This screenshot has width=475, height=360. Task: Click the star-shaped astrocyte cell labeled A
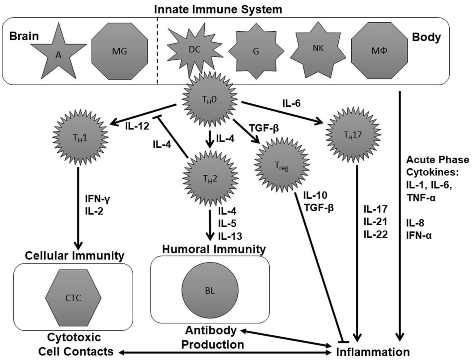coord(59,53)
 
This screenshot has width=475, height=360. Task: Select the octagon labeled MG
coord(119,51)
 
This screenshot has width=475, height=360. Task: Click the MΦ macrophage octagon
coord(379,51)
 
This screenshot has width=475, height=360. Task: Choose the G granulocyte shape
coord(256,51)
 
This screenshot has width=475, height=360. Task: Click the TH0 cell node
coord(209,99)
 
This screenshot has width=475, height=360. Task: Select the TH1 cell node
coord(80,137)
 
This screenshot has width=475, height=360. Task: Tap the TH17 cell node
coord(353,135)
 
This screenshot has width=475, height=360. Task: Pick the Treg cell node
coord(282,165)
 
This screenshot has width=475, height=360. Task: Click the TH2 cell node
coord(210,179)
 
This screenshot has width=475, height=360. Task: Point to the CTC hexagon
coord(73,298)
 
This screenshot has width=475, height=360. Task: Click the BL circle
coord(210,291)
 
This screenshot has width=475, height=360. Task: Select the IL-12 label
coord(137,126)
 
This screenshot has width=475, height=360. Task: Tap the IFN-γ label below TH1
coord(97,199)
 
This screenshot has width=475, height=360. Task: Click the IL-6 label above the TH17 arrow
coord(291,103)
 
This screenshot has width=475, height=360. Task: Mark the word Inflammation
coord(373,352)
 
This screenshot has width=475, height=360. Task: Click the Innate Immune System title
coord(218,9)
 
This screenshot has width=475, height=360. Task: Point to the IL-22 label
coord(375,234)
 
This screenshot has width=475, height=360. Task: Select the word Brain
coord(24,36)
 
